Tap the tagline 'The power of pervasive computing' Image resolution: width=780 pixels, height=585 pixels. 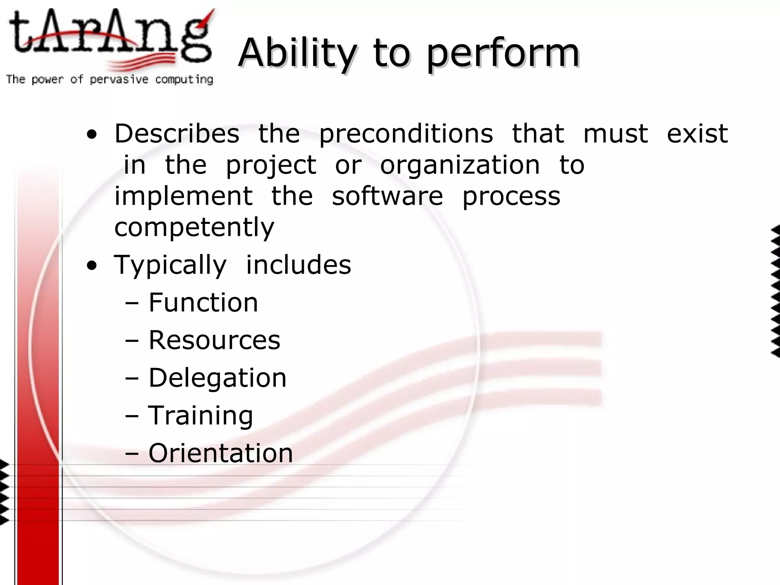coord(109,80)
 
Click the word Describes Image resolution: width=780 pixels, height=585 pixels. coord(177,134)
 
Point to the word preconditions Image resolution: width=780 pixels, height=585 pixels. coord(406,134)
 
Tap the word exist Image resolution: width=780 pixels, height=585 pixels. coord(697,134)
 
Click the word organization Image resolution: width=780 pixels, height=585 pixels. coord(460,166)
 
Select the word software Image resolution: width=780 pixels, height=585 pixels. coord(387,196)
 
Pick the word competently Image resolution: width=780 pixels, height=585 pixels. coord(194,228)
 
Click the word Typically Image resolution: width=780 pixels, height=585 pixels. coord(170,265)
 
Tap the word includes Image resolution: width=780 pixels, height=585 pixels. coord(298,265)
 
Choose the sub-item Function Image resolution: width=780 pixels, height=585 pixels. coord(203,302)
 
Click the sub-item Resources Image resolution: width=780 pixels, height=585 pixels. coord(214,340)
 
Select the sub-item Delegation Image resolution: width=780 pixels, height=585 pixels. coord(217,378)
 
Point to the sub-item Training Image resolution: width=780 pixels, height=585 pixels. coord(200,416)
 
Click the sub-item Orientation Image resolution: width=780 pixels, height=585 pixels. coord(221,453)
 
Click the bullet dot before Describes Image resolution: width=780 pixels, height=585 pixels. coord(91,135)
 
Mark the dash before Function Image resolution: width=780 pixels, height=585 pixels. coord(132,304)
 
